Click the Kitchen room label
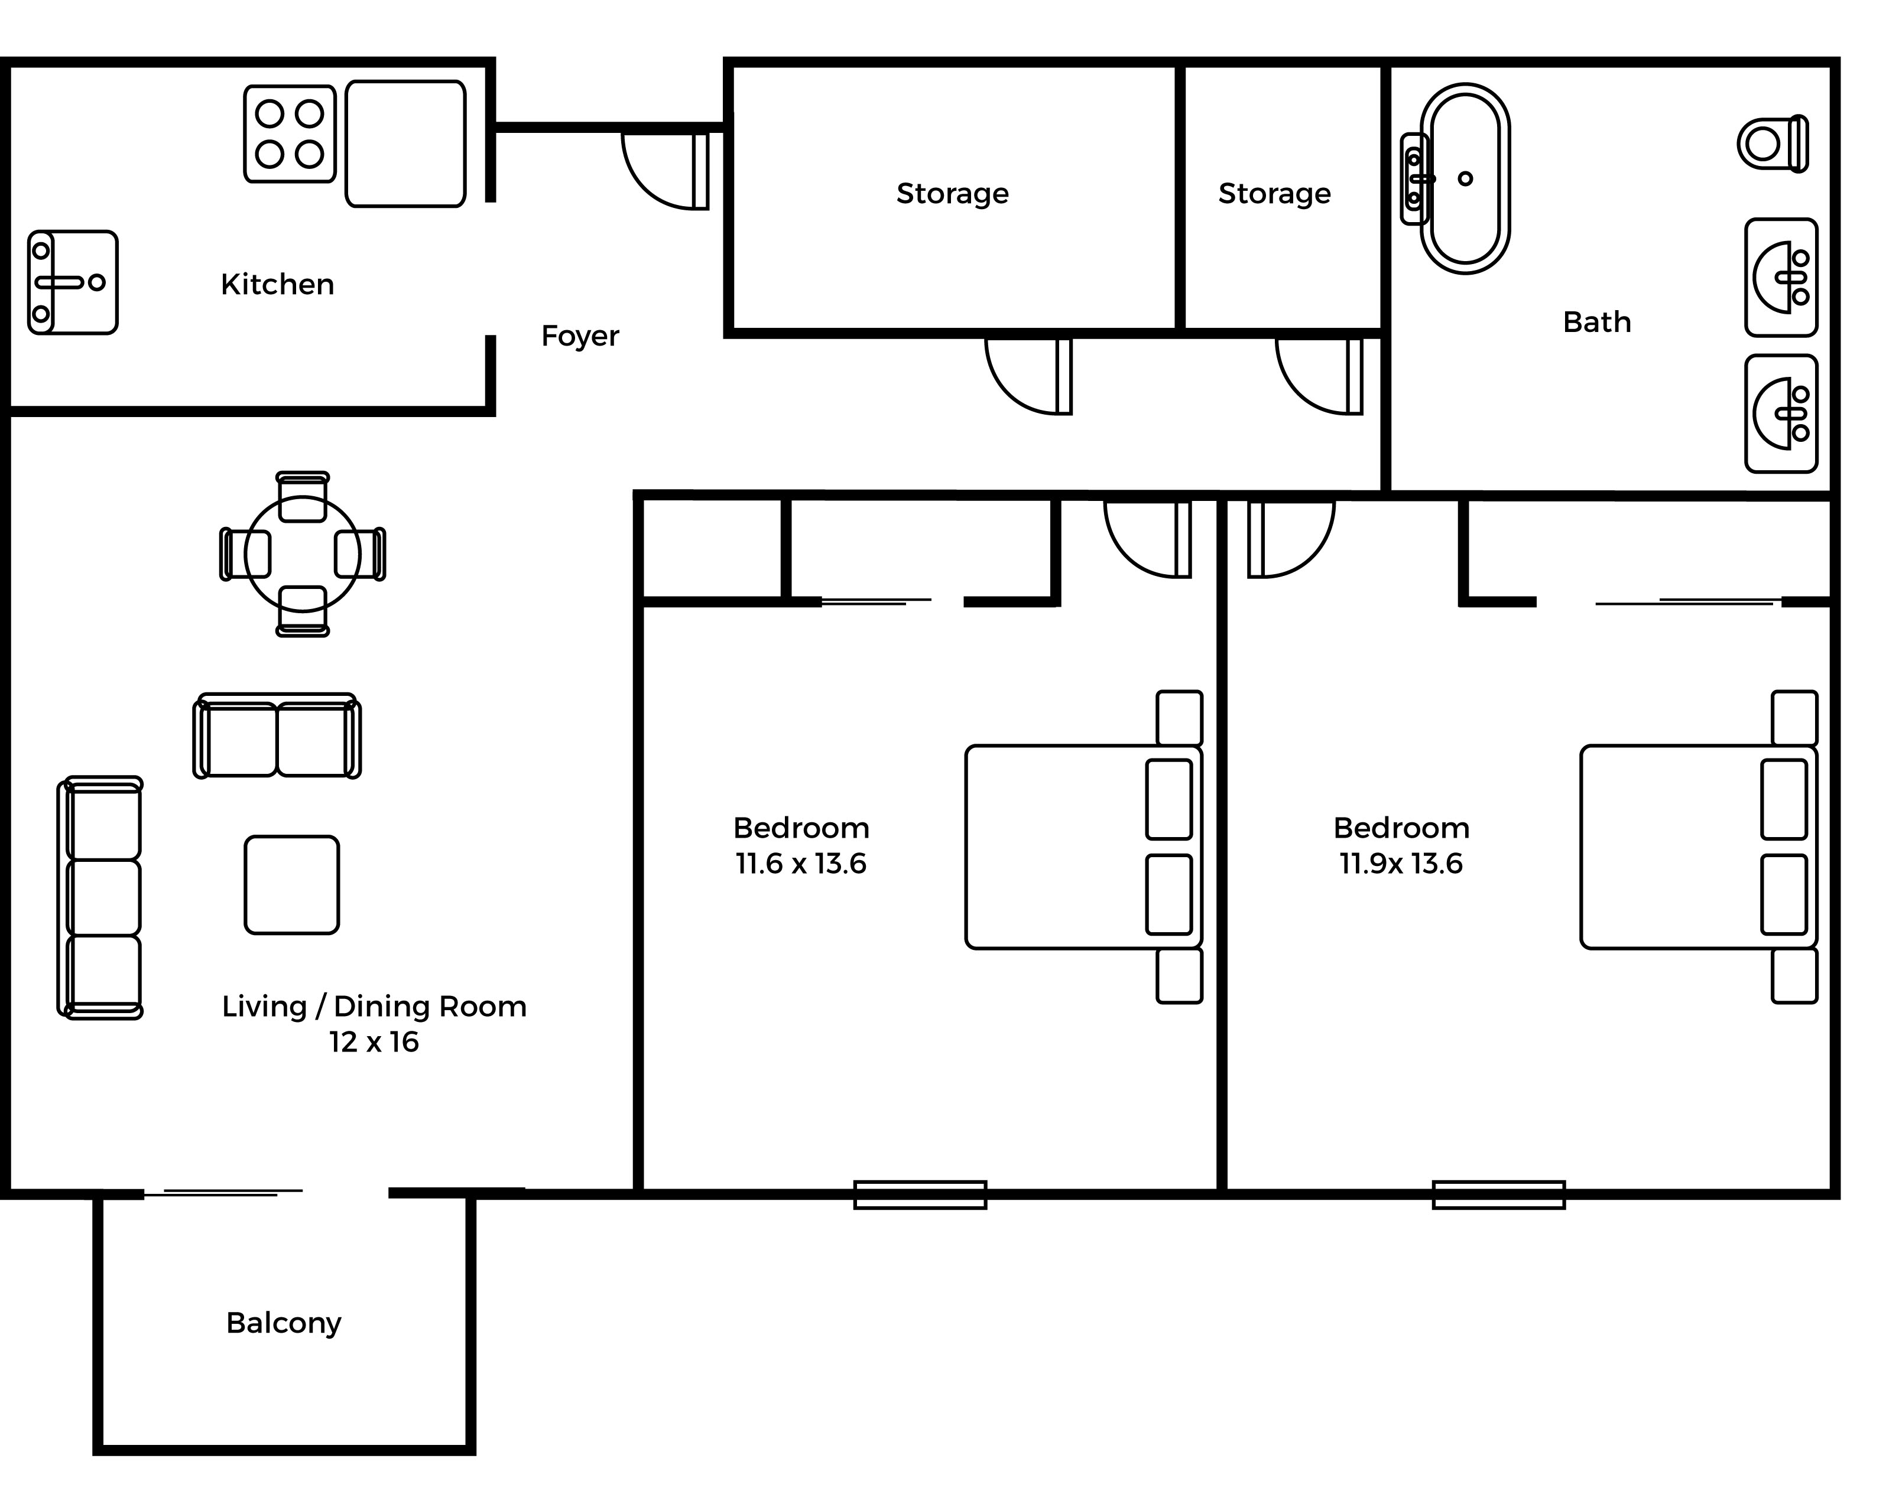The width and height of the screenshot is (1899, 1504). (277, 284)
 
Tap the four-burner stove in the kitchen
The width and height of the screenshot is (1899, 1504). (290, 134)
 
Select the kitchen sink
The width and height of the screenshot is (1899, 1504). (72, 282)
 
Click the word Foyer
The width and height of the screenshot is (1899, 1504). (580, 336)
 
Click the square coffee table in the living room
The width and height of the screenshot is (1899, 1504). (291, 885)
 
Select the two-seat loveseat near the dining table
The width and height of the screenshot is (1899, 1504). (277, 736)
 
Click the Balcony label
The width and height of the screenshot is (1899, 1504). (284, 1323)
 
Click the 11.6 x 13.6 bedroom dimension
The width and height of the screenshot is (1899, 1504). (801, 864)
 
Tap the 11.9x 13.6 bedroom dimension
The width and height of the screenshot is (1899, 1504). (1401, 864)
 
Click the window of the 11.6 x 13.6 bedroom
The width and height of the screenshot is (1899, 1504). (920, 1195)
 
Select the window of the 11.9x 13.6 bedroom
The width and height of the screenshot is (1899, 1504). (1498, 1195)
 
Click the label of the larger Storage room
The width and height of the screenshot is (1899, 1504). (952, 194)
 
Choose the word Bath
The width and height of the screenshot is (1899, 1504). (1597, 323)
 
